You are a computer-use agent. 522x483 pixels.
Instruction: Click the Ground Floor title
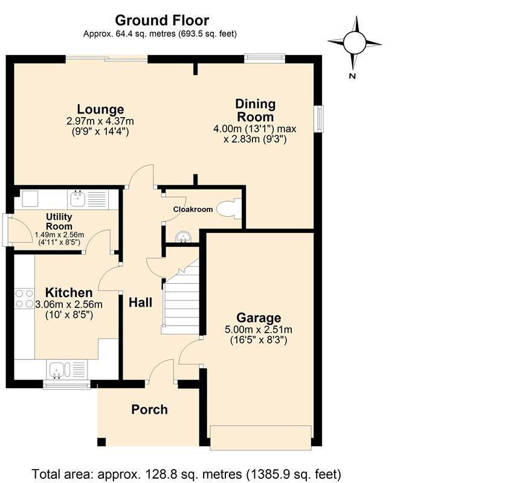tap(162, 21)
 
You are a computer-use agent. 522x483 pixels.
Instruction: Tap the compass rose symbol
tap(355, 43)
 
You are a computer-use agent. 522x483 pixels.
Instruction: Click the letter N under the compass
tap(352, 76)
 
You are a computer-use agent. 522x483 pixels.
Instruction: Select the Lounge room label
tap(100, 109)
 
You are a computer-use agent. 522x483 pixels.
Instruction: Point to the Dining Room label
tap(256, 110)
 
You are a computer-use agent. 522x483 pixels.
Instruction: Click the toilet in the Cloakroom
tap(229, 208)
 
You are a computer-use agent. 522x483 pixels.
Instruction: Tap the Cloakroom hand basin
tap(183, 237)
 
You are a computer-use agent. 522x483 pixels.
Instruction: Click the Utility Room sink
tap(78, 199)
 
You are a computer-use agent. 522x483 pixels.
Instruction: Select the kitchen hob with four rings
tap(24, 298)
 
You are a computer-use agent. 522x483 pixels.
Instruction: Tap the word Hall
tap(141, 302)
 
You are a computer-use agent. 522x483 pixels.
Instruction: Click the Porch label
tap(149, 409)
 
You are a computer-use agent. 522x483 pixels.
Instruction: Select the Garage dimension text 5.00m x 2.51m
tap(259, 330)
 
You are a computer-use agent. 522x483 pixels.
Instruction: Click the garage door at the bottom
tap(261, 438)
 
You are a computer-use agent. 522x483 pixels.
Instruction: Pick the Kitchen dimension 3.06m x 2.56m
tap(69, 304)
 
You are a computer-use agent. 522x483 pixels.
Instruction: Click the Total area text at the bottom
tap(187, 473)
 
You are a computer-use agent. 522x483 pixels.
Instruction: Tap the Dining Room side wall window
tap(320, 119)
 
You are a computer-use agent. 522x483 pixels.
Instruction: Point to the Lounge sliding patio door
tap(106, 59)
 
